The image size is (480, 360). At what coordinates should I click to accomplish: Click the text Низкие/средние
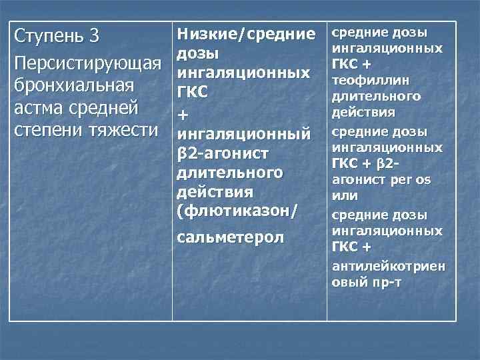point(245,33)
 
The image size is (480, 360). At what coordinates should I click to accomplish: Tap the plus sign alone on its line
point(183,116)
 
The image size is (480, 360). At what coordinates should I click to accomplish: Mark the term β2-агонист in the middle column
point(223,154)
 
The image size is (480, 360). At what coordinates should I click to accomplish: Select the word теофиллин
point(363,80)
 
